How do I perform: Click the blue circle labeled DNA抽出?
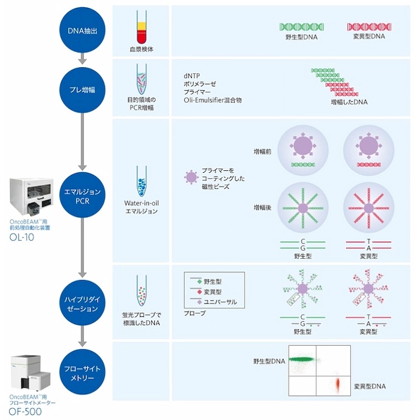click(82, 30)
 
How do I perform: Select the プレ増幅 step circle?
click(82, 90)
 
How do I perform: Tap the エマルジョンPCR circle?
click(82, 195)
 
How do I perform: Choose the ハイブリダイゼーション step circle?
click(82, 303)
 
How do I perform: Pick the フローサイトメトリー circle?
click(82, 372)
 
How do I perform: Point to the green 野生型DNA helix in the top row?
click(302, 27)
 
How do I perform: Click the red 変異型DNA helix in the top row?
click(369, 27)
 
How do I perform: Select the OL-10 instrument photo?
click(31, 197)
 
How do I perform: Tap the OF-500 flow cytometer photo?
click(31, 373)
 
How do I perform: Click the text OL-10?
click(22, 238)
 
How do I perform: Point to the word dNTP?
click(192, 76)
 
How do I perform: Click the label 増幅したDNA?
click(349, 102)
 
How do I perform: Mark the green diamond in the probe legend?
click(199, 281)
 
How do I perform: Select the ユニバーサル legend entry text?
click(220, 302)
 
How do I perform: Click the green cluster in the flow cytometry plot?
click(302, 359)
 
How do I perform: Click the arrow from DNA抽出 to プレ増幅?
click(82, 59)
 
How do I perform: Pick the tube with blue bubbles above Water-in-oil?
click(142, 181)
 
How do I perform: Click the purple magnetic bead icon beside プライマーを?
click(191, 177)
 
